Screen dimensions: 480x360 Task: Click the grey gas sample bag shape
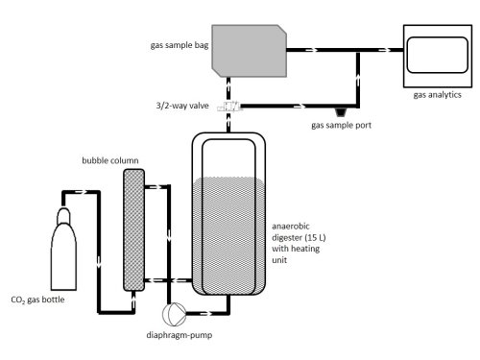250,51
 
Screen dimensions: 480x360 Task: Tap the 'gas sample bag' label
180,45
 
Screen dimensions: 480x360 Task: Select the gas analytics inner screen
438,55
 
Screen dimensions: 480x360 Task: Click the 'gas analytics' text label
437,95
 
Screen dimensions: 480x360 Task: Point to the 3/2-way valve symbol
229,106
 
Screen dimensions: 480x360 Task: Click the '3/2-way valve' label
182,106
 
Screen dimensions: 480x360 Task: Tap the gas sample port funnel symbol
341,112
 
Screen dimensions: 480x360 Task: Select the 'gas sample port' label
341,125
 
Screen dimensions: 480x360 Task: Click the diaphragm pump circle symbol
175,313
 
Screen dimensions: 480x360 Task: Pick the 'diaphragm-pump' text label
180,335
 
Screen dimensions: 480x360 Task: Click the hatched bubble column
134,230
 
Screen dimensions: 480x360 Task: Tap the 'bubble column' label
110,160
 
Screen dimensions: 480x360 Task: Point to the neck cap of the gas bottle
63,215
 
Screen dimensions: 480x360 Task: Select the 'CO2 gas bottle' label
37,300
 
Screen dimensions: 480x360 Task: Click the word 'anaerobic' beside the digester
291,227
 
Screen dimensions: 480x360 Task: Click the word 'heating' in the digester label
305,249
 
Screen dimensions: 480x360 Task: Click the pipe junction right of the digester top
357,50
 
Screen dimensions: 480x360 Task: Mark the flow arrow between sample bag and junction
312,50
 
